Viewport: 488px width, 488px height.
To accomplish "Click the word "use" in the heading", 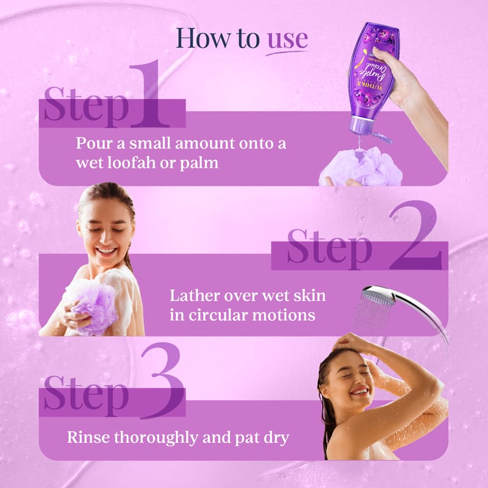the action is pos(287,40).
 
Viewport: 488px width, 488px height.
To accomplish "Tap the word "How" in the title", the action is pos(203,38).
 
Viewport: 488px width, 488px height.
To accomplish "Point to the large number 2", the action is pos(415,235).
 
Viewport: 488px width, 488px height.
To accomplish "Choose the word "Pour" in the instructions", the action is pos(93,143).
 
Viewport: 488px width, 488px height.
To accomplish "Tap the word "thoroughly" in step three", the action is pos(156,438).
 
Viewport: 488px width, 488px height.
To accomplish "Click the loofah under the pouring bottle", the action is pos(362,167).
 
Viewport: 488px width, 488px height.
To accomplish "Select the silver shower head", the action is pos(401,308).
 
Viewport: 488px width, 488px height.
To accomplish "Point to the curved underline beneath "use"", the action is pos(287,53).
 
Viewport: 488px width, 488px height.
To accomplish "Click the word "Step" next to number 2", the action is pos(329,249).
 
